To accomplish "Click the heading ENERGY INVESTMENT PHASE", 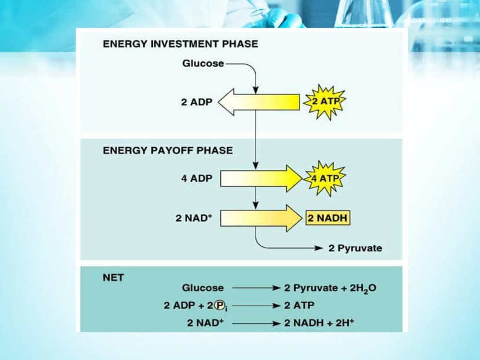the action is click(180, 44).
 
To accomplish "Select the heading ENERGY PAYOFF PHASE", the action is click(168, 150).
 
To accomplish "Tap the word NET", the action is click(113, 278).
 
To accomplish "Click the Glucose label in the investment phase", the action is click(203, 63).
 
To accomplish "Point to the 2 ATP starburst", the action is click(325, 101).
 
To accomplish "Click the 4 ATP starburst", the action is click(325, 178).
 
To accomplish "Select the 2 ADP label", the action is click(197, 102).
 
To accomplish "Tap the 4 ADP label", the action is click(197, 178).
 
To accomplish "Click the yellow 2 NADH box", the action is click(328, 218).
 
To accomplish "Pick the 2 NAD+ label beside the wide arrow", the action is click(194, 217).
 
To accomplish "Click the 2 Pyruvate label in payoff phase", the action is click(355, 248).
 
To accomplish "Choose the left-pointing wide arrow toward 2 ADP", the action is click(259, 102).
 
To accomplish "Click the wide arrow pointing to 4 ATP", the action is click(261, 179).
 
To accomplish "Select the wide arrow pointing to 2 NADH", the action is click(261, 219).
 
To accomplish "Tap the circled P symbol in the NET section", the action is click(219, 305).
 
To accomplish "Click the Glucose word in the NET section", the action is click(203, 288).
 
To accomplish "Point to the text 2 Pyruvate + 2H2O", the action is click(330, 288).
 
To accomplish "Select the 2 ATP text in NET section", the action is click(299, 306).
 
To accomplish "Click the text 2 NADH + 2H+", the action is click(319, 323).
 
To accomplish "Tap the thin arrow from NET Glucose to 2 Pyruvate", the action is click(256, 288).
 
